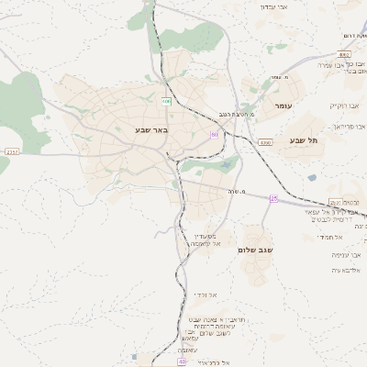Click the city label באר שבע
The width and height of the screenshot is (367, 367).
pos(151,130)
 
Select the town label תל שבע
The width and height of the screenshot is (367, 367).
pos(302,140)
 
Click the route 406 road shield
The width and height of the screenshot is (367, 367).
pos(166,100)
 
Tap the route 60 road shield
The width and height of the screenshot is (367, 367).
pos(215,135)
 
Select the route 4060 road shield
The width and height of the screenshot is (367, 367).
pos(265,142)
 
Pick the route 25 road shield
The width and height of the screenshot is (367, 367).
pos(273,198)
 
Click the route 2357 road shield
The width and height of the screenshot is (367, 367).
pos(11,151)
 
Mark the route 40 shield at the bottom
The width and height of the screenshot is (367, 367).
pos(182,362)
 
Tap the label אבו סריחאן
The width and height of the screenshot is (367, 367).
pos(348,126)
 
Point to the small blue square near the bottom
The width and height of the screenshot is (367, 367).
pos(135,357)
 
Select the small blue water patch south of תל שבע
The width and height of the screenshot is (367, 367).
pos(312,177)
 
